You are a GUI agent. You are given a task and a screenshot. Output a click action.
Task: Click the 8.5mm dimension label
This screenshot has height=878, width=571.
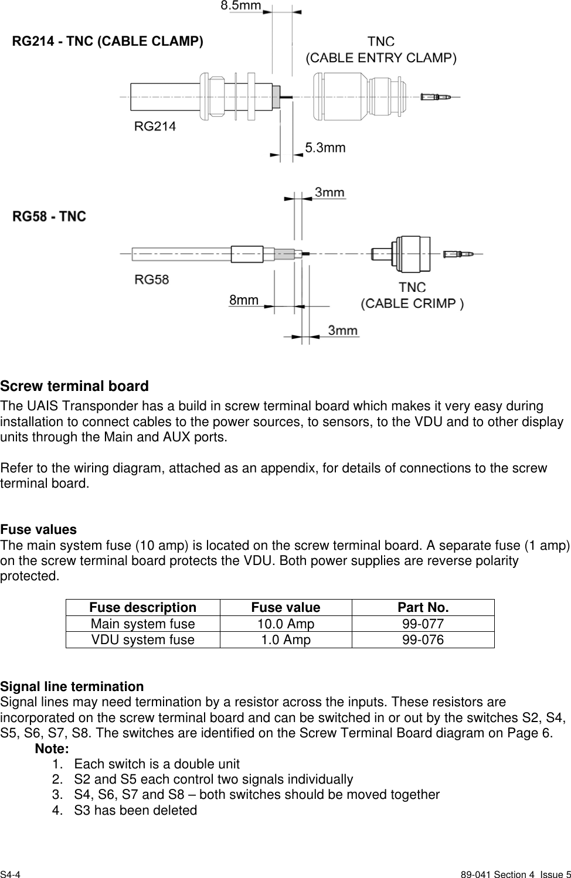240,6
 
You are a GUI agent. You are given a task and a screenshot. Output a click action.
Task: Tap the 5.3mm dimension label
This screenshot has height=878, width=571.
325,148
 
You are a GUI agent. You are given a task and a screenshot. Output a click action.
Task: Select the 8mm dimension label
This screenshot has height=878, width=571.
243,300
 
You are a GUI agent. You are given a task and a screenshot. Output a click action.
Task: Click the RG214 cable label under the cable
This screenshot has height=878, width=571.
155,126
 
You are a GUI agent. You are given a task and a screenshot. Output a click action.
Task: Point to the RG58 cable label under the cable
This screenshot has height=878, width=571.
152,280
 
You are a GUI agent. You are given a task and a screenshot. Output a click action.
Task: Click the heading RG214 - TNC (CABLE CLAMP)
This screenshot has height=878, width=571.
108,42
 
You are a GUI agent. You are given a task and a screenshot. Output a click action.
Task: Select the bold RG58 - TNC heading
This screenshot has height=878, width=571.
50,216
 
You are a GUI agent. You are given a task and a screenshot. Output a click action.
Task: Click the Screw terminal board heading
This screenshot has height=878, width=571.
74,386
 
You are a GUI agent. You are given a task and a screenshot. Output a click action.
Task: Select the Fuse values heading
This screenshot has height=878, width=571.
39,529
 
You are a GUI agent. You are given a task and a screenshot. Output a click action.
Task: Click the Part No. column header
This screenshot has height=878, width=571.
423,607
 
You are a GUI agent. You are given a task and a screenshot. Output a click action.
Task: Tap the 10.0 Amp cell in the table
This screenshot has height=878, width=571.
285,624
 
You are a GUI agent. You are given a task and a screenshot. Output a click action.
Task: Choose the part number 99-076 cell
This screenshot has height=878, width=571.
423,639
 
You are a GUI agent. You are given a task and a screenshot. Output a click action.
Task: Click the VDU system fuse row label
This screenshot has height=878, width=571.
142,639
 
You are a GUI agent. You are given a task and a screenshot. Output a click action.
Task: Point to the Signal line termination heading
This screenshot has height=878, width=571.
72,686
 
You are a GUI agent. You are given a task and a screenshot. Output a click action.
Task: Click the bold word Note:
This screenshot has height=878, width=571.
52,748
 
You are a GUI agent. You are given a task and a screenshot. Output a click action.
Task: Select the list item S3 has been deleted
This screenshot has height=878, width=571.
135,810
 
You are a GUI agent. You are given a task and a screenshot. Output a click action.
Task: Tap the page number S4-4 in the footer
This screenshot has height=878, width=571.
11,874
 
